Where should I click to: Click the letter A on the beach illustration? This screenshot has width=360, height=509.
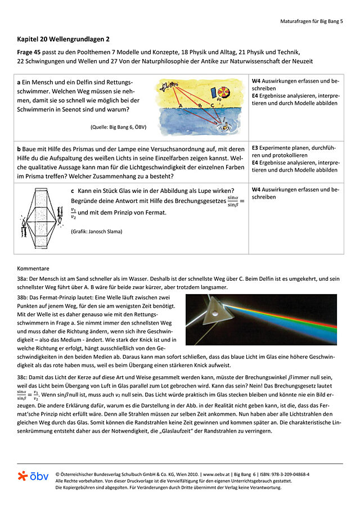[180, 106]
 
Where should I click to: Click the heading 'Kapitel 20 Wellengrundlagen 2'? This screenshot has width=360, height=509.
[63, 39]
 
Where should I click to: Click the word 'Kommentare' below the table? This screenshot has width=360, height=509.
[33, 268]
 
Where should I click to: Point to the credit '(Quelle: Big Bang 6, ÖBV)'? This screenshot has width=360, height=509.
[118, 127]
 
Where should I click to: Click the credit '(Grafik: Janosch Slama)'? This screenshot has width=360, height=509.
[97, 231]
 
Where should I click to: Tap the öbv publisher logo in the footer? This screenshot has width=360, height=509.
[33, 476]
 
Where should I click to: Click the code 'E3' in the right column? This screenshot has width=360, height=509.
[255, 147]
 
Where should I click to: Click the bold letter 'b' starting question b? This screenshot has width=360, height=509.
[19, 149]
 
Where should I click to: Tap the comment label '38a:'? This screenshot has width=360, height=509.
[24, 278]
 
